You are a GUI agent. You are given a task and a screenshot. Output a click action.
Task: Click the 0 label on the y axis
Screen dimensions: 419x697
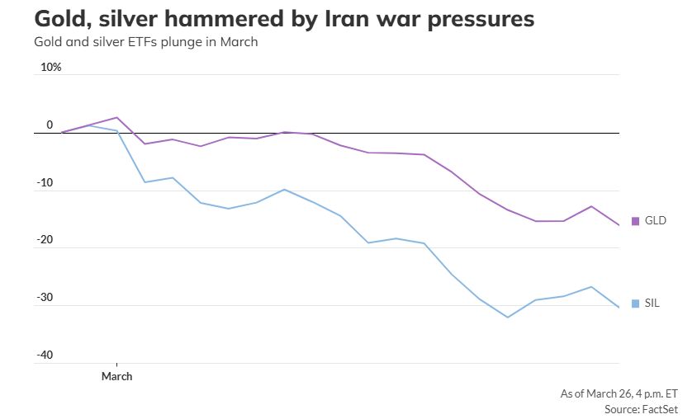pyautogui.click(x=50, y=125)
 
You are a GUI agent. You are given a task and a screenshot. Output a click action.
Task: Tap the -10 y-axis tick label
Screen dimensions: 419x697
pyautogui.click(x=45, y=183)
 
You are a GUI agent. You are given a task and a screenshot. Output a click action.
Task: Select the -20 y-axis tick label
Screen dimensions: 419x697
pyautogui.click(x=45, y=241)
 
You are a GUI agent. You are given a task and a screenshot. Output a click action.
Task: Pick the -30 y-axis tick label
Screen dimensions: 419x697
pyautogui.click(x=45, y=299)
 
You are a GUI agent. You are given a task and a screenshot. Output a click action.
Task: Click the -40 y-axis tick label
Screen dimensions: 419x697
pyautogui.click(x=45, y=356)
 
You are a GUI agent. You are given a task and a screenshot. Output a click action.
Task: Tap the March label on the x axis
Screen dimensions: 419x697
pyautogui.click(x=116, y=376)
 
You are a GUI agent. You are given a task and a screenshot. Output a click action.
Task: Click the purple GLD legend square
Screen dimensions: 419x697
pyautogui.click(x=635, y=221)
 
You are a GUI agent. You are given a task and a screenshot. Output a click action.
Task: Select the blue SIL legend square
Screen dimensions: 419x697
pyautogui.click(x=635, y=304)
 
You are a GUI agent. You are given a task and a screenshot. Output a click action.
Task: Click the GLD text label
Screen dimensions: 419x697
pyautogui.click(x=655, y=221)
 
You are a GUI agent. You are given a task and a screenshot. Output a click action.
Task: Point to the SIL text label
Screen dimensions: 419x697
pyautogui.click(x=652, y=304)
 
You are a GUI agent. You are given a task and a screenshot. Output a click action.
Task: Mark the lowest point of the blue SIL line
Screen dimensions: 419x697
pyautogui.click(x=508, y=317)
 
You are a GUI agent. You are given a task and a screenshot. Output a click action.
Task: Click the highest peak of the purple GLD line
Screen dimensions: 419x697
pyautogui.click(x=116, y=117)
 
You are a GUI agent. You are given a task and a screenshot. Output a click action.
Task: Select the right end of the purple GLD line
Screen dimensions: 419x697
pyautogui.click(x=619, y=225)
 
